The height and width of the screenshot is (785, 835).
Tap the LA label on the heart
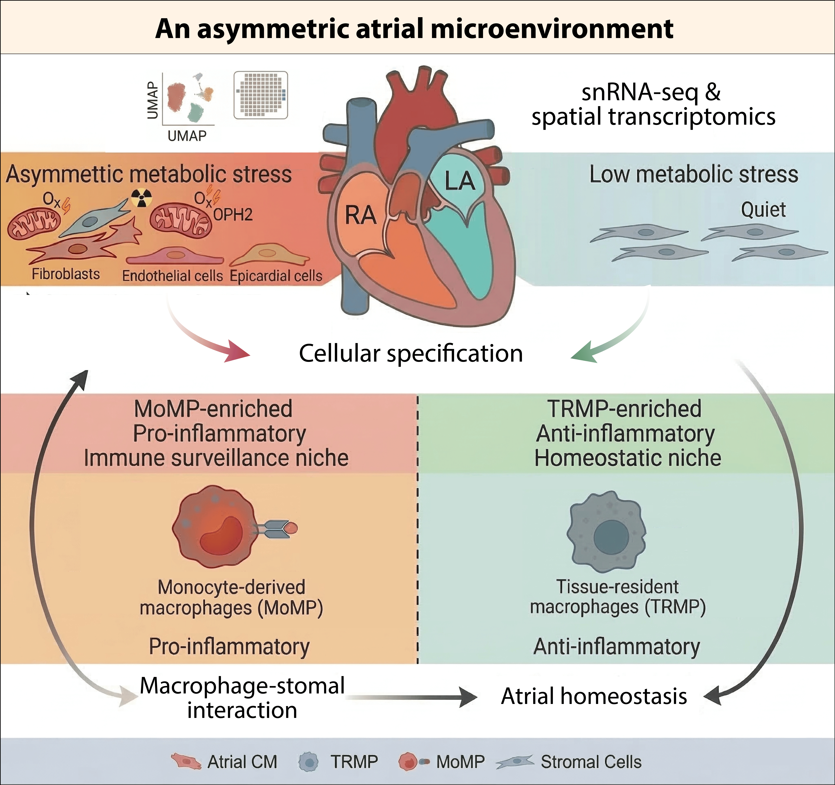pos(460,181)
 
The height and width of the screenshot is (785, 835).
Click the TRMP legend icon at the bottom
pos(309,762)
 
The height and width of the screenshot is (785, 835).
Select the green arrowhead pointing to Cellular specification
pos(584,352)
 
